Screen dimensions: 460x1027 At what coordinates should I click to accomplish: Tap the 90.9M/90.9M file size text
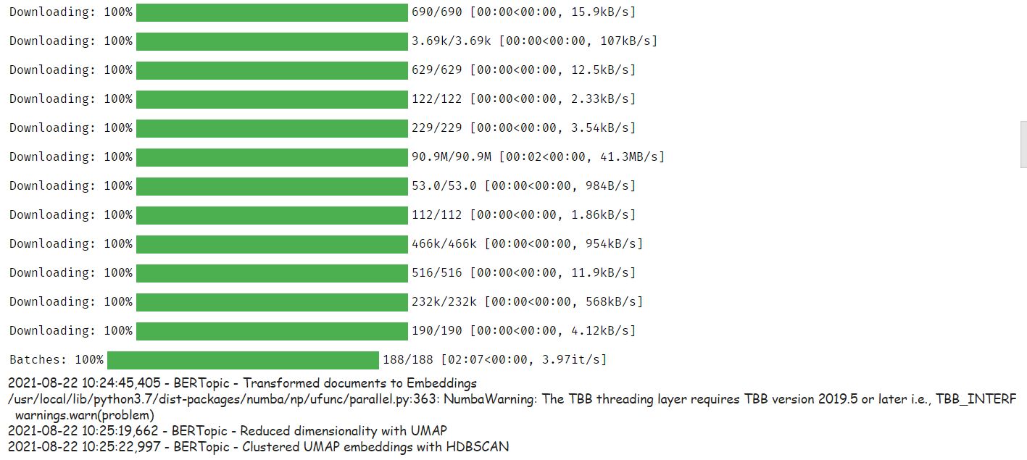click(452, 156)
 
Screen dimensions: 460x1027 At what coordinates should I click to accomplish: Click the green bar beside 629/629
click(272, 70)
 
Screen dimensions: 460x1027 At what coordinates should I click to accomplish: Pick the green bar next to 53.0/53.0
click(272, 186)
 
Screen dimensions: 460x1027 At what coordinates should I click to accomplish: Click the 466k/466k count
click(444, 243)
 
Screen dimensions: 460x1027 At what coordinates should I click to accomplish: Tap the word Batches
click(36, 359)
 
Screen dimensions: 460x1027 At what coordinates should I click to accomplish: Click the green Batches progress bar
click(243, 360)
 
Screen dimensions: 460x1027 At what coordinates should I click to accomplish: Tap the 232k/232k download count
click(444, 301)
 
